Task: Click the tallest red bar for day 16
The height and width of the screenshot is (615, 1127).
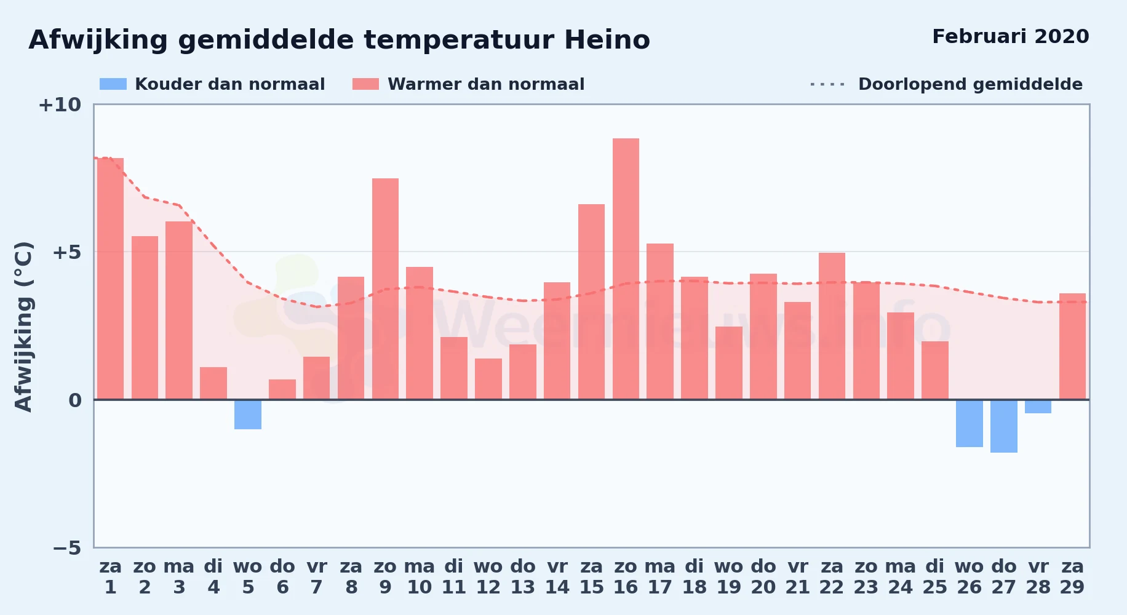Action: [x=626, y=269]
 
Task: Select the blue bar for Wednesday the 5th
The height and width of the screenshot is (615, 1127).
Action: [x=248, y=415]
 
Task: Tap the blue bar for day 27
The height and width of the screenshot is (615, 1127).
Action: [x=1004, y=426]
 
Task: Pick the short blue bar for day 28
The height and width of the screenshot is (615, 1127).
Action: [x=1038, y=407]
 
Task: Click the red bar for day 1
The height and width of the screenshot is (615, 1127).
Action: [x=110, y=279]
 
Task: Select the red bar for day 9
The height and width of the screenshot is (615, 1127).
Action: [x=385, y=289]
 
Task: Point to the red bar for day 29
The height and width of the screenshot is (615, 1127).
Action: [x=1072, y=346]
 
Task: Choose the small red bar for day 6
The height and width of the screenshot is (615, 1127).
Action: [x=282, y=389]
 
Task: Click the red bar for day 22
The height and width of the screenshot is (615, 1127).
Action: [x=832, y=326]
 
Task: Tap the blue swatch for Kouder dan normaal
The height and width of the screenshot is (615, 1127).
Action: [x=113, y=84]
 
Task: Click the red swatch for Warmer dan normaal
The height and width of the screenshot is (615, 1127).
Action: [x=365, y=84]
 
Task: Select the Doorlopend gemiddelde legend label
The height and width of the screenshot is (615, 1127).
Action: [x=970, y=84]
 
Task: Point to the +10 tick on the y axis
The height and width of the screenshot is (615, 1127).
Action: [x=60, y=105]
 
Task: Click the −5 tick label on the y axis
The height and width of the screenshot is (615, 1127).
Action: [x=67, y=547]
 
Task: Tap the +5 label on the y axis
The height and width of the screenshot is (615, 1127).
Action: [x=67, y=252]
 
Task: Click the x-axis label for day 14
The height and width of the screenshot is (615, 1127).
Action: [x=557, y=576]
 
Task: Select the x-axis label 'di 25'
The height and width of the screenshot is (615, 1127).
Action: [x=935, y=576]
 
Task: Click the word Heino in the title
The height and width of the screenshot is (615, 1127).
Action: [x=607, y=40]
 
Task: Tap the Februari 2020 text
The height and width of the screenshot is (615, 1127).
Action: [x=1011, y=36]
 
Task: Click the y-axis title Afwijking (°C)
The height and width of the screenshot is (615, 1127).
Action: [x=23, y=327]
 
